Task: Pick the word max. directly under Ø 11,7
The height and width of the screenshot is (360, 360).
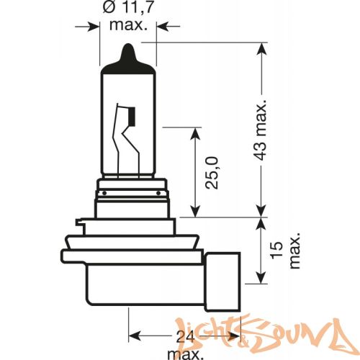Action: point(128,27)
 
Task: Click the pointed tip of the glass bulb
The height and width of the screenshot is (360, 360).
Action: point(128,50)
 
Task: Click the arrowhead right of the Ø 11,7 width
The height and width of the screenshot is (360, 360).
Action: point(161,27)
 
